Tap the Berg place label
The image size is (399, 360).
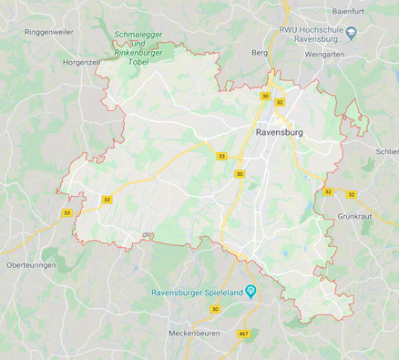point(259,53)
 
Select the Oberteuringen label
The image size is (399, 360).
point(31,264)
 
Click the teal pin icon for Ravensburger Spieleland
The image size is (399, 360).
point(251,291)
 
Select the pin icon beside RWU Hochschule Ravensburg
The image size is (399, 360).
point(352,33)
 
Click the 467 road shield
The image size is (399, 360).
point(243,334)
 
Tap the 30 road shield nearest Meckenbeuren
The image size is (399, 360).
point(215,310)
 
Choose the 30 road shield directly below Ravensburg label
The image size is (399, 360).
point(240,173)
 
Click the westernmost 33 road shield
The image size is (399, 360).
point(66,212)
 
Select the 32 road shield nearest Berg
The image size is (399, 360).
point(279,102)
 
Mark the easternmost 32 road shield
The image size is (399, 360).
point(349,192)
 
